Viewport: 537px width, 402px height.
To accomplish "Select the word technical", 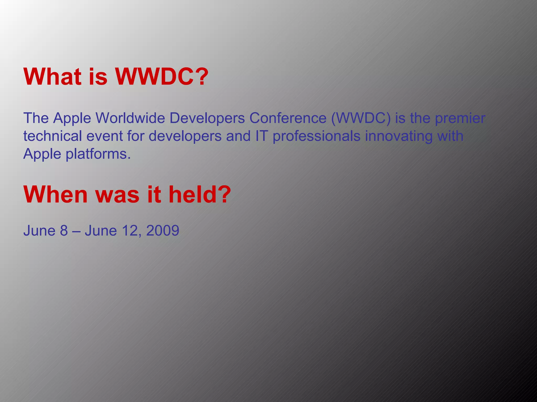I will pos(52,136).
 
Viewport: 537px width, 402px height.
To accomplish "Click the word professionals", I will pos(316,136).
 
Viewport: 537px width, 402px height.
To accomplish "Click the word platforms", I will pos(98,154).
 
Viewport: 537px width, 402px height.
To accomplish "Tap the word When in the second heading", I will pos(55,194).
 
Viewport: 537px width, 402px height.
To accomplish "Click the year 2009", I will pos(163,231).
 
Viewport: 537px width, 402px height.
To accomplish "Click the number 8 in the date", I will pos(64,231).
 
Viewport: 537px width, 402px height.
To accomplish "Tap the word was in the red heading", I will pos(117,194).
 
